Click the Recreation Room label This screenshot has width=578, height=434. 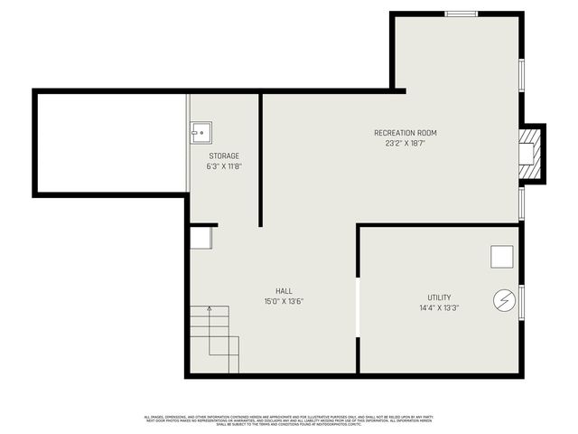(x=406, y=133)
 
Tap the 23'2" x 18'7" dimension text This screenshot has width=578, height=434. (x=406, y=144)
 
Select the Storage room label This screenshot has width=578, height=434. (x=224, y=156)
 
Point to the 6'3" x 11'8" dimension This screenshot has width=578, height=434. (x=224, y=166)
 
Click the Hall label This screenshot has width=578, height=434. (x=284, y=291)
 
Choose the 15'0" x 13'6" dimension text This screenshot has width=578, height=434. (x=284, y=302)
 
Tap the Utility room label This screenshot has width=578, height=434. (x=440, y=297)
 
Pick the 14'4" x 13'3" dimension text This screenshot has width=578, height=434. (x=440, y=308)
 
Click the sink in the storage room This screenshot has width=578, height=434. (x=201, y=133)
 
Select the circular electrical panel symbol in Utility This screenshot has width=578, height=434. (x=502, y=300)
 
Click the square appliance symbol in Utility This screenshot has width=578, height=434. (x=502, y=257)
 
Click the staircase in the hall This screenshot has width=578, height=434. (x=215, y=339)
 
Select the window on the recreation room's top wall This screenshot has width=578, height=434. (x=461, y=14)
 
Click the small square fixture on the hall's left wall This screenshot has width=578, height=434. (x=200, y=238)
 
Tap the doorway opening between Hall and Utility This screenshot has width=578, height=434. (x=358, y=307)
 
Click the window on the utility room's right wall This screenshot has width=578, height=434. (x=521, y=301)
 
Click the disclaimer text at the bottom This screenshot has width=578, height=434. (x=288, y=420)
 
